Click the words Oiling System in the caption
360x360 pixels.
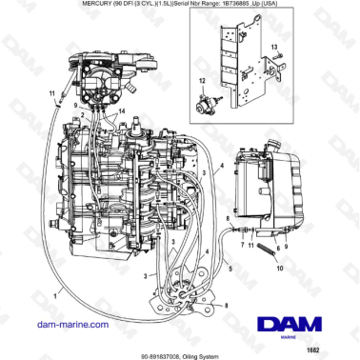click(197, 351)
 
